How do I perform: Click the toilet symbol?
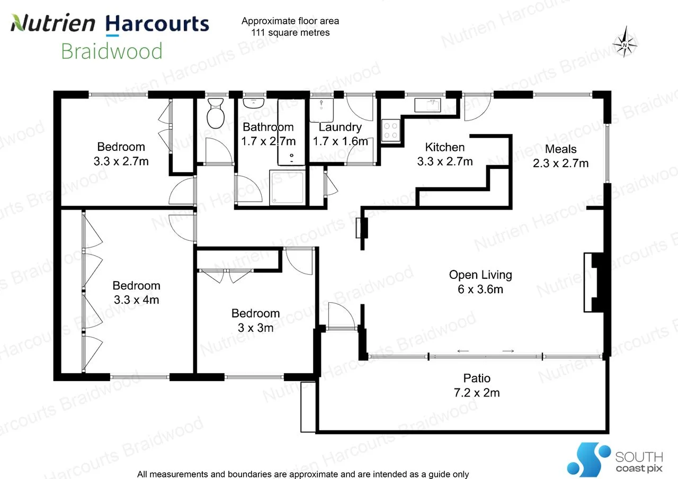point(216,113)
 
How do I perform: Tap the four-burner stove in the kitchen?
point(390,130)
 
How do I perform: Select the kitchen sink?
point(427,105)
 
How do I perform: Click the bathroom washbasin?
point(254,103)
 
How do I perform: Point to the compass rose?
point(625,42)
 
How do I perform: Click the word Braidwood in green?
point(112,51)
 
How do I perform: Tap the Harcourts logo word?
point(157,24)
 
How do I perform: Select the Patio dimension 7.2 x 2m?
point(477,393)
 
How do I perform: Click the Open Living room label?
point(480,275)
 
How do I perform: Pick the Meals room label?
point(560,149)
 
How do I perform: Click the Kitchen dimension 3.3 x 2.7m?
point(444,161)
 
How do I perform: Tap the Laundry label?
point(340,128)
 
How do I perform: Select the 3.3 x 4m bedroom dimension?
point(137,300)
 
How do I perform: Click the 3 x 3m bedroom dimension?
point(255,328)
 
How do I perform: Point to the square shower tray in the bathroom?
point(287,187)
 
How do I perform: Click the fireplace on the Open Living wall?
point(594,283)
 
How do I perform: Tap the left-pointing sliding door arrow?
point(463,351)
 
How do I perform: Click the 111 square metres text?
point(290,32)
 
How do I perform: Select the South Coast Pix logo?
point(615,459)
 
